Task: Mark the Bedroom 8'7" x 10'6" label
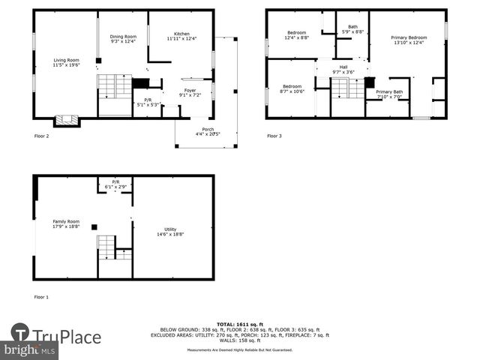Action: click(292, 88)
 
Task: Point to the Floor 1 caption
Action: click(42, 297)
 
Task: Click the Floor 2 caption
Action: click(42, 136)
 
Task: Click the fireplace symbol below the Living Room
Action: click(66, 121)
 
